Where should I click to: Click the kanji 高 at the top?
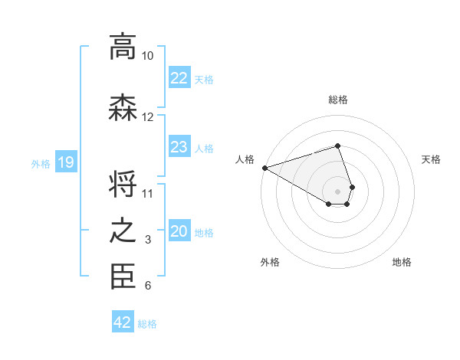tap(123, 47)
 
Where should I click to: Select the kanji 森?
tap(123, 108)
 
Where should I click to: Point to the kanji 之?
tap(123, 231)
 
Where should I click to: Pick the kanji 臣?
tap(123, 277)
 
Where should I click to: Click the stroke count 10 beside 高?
tap(148, 56)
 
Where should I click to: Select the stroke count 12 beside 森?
tap(148, 117)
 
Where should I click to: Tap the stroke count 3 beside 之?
tap(148, 241)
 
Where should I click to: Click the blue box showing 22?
tap(179, 78)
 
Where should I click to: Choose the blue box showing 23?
tap(179, 147)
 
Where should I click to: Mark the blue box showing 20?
tap(179, 231)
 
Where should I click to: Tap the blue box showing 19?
tap(66, 162)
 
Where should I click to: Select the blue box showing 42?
tap(123, 322)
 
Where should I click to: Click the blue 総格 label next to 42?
tap(147, 324)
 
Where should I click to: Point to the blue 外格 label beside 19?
tap(41, 163)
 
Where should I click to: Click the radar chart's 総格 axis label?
tap(338, 100)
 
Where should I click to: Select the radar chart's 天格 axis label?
tap(431, 159)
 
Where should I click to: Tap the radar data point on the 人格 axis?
tap(264, 167)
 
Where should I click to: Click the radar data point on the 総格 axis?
tap(338, 146)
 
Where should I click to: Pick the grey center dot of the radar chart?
tap(338, 190)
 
